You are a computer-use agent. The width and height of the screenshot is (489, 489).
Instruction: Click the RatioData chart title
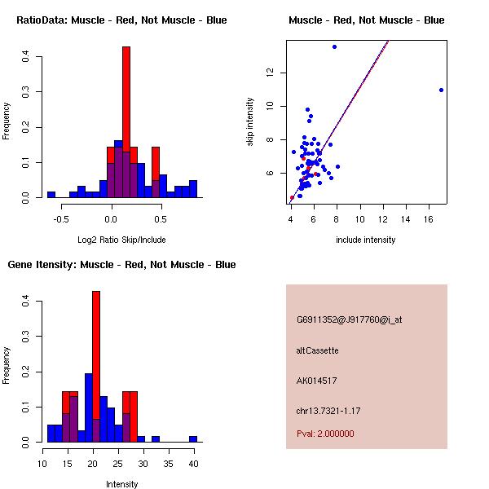121,20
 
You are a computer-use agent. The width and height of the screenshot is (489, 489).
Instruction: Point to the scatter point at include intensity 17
441,90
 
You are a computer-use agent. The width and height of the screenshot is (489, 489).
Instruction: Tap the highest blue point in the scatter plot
334,46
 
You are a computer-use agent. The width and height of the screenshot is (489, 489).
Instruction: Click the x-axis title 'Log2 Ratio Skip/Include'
121,240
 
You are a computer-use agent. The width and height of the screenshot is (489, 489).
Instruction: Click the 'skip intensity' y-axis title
250,122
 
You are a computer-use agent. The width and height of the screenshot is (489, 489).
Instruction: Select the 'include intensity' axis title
366,240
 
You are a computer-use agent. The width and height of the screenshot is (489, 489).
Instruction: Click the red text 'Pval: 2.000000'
325,434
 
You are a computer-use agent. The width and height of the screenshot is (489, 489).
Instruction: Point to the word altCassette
318,350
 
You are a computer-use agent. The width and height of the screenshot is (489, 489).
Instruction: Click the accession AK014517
317,381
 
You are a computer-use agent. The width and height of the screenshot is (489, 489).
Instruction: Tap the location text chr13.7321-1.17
328,410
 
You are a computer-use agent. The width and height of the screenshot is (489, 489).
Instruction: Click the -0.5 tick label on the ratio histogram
60,219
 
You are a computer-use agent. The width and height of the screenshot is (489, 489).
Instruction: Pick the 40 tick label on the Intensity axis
193,464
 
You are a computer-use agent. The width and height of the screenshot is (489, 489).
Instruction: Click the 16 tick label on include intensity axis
429,219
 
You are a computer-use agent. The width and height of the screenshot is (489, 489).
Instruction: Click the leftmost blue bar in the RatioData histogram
51,195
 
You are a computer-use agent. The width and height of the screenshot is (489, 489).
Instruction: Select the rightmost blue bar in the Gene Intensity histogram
193,438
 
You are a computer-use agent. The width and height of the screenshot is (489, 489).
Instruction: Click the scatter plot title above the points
366,20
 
